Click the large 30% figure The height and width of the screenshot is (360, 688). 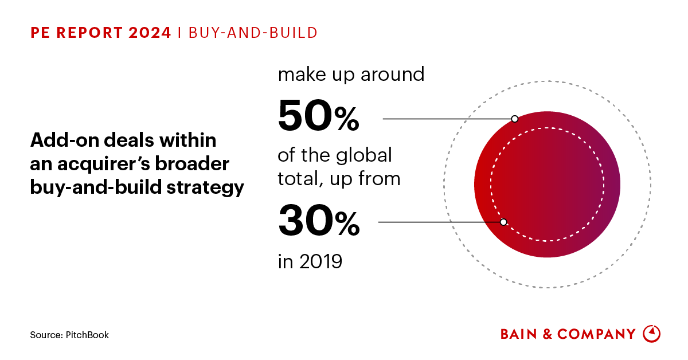point(319,222)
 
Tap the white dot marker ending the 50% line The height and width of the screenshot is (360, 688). point(514,119)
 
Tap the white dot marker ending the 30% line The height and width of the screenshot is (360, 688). point(503,222)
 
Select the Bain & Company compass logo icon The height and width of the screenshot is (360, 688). point(652,334)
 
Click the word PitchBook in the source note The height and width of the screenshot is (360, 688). point(87,335)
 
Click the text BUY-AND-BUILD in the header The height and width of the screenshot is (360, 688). point(252,33)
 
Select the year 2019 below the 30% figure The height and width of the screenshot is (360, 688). point(319,261)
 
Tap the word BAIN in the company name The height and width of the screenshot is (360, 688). point(520,334)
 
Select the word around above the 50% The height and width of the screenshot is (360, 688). point(393,75)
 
